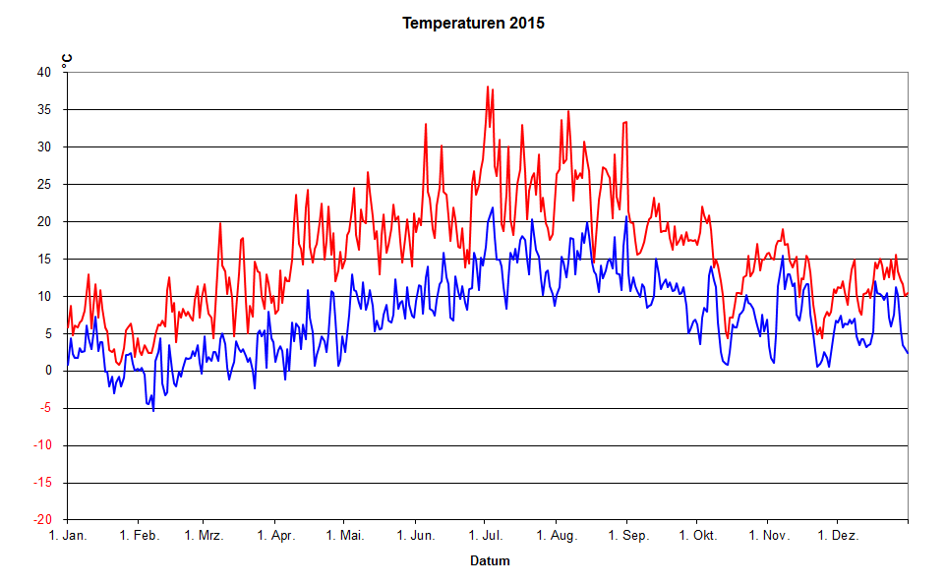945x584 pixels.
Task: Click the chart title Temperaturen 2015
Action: [473, 23]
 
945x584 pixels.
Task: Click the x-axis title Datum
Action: [489, 561]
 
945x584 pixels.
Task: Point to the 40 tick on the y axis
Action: [44, 73]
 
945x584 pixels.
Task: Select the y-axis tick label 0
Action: [48, 371]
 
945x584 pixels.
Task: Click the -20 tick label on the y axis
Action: [42, 520]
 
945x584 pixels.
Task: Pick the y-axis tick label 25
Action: [44, 185]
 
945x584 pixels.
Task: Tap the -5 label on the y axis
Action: [45, 408]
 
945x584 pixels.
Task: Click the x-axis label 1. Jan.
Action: [68, 536]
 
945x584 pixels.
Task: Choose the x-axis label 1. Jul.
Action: [486, 536]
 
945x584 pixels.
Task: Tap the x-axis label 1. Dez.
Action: [838, 536]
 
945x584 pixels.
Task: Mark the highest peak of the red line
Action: [488, 87]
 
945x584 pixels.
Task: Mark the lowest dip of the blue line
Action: [153, 410]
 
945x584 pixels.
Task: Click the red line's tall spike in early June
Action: [426, 124]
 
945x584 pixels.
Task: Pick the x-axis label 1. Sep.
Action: [627, 536]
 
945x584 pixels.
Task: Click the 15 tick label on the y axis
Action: [44, 260]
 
